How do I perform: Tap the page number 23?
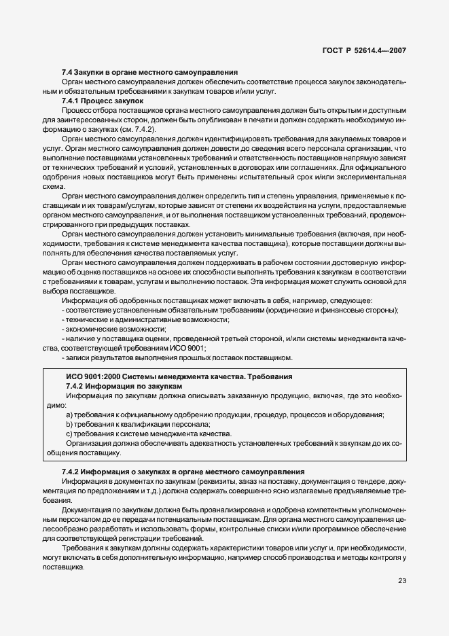401,580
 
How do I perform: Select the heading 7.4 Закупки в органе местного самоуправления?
149,71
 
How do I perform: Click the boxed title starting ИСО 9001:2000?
179,376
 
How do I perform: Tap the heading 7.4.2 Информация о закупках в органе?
183,472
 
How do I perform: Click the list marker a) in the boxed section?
69,415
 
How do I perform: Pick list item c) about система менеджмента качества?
148,434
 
